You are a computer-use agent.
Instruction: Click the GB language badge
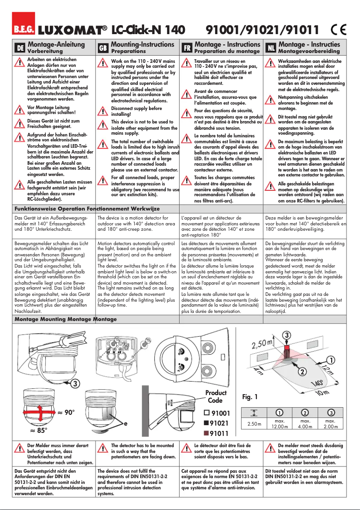point(103,48)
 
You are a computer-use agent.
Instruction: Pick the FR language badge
point(186,48)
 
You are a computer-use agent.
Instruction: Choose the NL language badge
point(271,48)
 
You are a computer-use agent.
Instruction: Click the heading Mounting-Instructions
point(142,44)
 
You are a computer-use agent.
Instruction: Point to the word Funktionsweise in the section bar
point(35,209)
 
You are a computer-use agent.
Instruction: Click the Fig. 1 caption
point(250,397)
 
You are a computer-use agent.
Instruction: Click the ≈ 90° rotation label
point(66,412)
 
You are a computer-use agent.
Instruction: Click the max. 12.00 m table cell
point(279,424)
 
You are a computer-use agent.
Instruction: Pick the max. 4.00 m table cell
point(305,424)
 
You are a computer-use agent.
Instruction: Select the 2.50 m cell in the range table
point(255,424)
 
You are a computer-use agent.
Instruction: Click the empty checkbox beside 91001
point(206,413)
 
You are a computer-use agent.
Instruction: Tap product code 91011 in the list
point(220,433)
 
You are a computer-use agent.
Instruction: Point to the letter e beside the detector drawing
point(126,423)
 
